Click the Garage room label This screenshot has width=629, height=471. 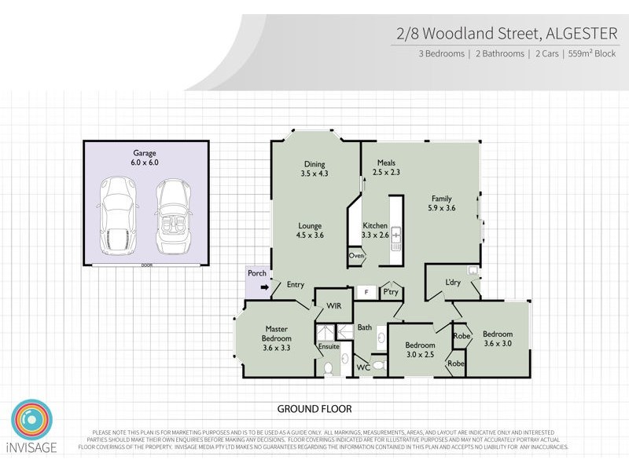(x=145, y=157)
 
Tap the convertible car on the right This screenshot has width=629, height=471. (x=171, y=216)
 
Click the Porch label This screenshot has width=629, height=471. (x=256, y=274)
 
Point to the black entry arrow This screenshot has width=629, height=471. (x=265, y=287)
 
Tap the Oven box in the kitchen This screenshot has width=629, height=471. (x=355, y=256)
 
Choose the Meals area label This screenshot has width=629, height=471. (x=386, y=167)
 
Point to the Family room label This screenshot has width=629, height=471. (x=440, y=203)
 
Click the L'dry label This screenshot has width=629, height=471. (x=452, y=282)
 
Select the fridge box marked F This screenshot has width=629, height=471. (x=366, y=291)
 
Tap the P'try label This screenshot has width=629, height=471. (x=391, y=291)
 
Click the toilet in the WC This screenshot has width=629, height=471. (x=377, y=366)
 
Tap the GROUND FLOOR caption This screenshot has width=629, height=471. (x=314, y=409)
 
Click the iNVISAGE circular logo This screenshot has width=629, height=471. (x=31, y=422)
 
